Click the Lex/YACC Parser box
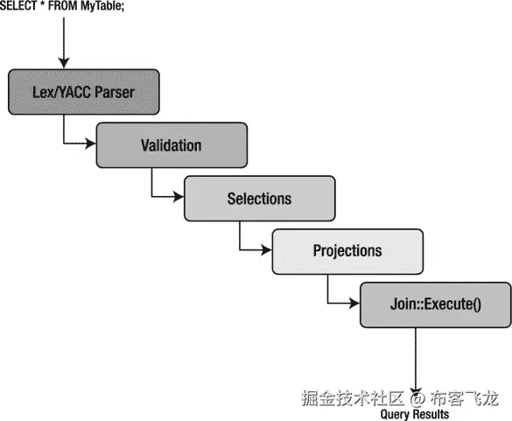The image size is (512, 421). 84,91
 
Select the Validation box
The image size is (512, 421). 171,144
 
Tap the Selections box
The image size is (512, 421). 259,198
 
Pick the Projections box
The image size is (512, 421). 347,250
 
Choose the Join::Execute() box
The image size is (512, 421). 436,305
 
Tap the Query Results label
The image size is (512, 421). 415,414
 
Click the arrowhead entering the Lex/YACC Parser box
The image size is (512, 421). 63,63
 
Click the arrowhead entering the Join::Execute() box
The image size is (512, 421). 354,305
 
